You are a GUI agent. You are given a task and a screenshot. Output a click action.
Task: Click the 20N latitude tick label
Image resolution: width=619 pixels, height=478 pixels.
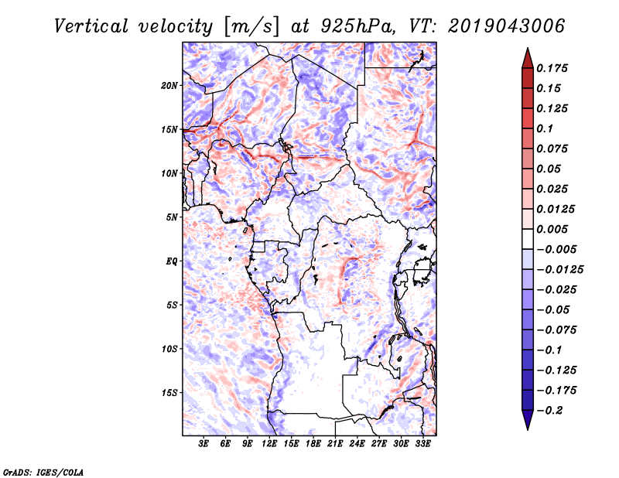point(169,85)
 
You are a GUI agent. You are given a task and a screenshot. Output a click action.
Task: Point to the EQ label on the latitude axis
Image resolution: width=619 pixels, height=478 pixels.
point(172,261)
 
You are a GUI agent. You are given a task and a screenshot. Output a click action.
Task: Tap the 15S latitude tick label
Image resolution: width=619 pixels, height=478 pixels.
point(169,392)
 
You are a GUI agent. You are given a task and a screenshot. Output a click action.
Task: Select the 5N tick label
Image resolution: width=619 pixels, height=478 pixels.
point(172,217)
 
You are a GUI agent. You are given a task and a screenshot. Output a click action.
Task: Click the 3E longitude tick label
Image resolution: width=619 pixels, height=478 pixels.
point(204,444)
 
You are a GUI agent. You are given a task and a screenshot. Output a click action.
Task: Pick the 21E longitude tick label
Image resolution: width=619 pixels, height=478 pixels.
point(336,444)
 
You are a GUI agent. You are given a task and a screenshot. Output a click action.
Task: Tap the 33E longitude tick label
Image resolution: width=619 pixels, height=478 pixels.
point(423,444)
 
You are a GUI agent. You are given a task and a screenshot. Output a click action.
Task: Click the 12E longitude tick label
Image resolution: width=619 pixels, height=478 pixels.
point(270,444)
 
